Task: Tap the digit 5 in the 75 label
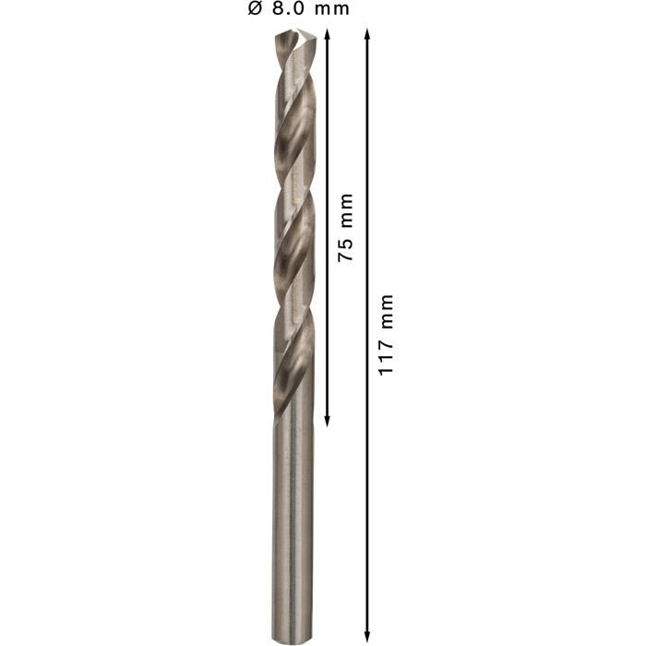[x=346, y=244]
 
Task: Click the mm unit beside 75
[x=346, y=211]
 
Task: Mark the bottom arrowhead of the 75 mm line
[x=327, y=421]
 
